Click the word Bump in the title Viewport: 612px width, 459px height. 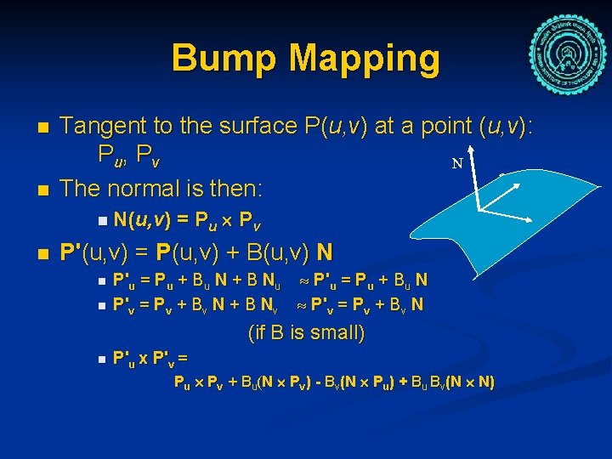coord(224,59)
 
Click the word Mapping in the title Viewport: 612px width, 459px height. coord(365,59)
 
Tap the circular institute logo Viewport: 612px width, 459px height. coord(568,46)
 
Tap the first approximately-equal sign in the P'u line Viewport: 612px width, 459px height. coord(304,280)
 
